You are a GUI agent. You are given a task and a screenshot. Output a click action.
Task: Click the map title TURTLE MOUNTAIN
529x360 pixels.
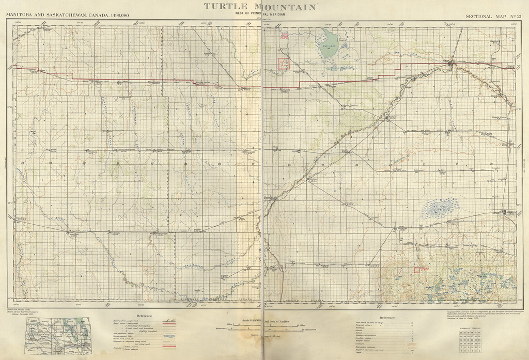pos(260,6)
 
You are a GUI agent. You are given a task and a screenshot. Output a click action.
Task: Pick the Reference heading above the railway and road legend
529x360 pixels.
pos(146,316)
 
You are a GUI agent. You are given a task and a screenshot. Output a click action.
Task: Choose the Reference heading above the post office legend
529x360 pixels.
pos(388,317)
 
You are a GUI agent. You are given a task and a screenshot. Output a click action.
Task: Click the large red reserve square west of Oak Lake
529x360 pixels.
pos(284,64)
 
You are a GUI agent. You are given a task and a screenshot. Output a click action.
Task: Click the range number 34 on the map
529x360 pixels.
pos(23,163)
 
